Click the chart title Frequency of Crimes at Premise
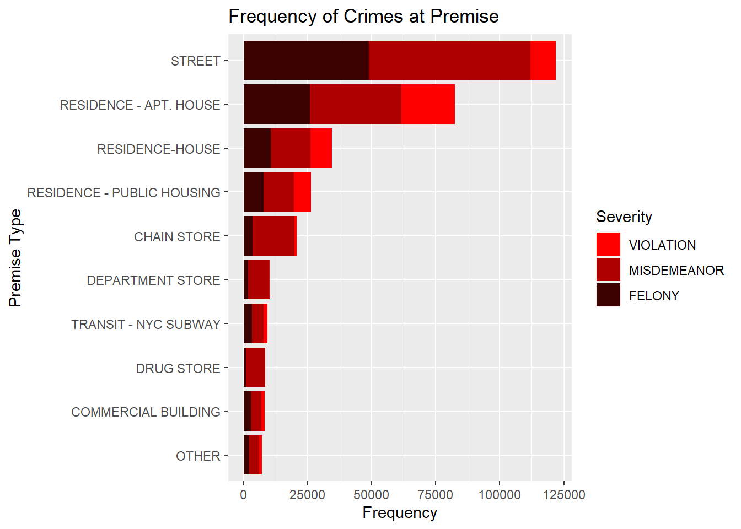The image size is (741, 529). tap(363, 17)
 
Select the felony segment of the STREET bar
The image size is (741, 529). tap(306, 60)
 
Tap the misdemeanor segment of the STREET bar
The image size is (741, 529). tap(449, 60)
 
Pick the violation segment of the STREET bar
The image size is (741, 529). tap(543, 60)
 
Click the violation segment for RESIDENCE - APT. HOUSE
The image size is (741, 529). tap(428, 104)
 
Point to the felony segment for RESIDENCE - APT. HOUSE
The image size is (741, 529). tap(276, 104)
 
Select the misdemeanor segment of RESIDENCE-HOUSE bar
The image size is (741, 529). tap(291, 148)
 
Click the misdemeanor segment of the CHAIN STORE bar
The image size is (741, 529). tap(273, 236)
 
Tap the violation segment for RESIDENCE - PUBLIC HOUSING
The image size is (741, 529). tap(302, 192)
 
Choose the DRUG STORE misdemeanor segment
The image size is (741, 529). tap(255, 368)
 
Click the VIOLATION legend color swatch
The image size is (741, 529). tap(608, 245)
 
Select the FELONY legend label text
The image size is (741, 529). tap(654, 296)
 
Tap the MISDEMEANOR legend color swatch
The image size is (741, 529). tap(608, 270)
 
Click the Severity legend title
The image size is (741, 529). tap(624, 217)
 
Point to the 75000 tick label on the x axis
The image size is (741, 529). tap(436, 495)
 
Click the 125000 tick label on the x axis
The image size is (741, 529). tap(563, 495)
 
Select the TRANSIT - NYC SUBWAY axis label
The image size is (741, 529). tap(146, 324)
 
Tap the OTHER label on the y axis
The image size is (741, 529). tap(198, 456)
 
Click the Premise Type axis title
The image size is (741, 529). tap(15, 258)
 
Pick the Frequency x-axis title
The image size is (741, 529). tap(400, 513)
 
